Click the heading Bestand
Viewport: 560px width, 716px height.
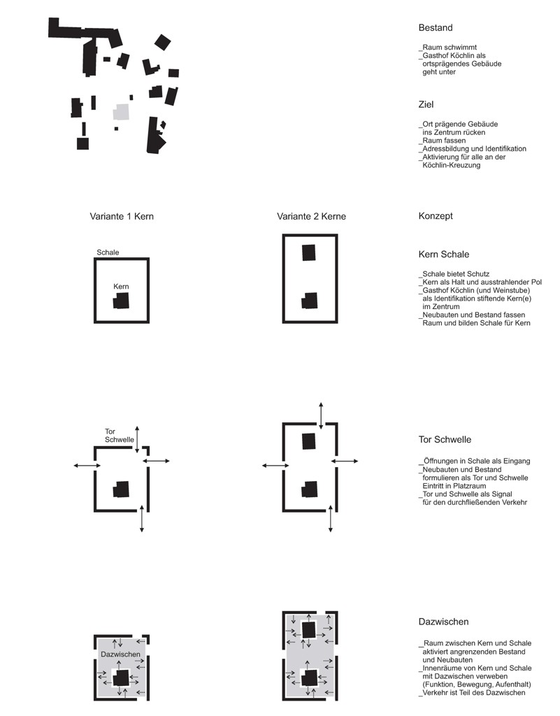[x=436, y=28]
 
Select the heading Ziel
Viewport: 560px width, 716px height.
[x=426, y=105]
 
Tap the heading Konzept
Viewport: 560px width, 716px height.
[x=436, y=216]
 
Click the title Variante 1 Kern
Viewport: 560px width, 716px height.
[x=122, y=217]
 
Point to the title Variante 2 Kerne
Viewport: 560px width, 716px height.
[x=311, y=217]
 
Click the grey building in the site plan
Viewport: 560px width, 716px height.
[x=122, y=112]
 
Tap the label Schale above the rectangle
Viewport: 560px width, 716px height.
[x=108, y=252]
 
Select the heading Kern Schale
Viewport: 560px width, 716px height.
[x=444, y=255]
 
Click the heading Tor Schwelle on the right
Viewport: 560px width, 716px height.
[x=445, y=440]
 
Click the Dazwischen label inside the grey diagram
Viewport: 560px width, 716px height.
[x=120, y=654]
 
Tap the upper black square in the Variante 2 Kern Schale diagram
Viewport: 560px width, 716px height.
[x=309, y=252]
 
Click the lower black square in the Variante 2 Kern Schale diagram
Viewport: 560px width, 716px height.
[x=309, y=301]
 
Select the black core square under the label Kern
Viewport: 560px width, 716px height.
[x=121, y=301]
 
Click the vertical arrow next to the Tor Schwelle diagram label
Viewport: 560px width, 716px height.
[x=137, y=439]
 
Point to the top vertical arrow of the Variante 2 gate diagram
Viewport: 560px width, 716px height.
[x=322, y=416]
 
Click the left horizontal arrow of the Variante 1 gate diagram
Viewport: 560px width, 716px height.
[x=87, y=465]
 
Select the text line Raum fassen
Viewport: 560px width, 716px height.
[x=443, y=141]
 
